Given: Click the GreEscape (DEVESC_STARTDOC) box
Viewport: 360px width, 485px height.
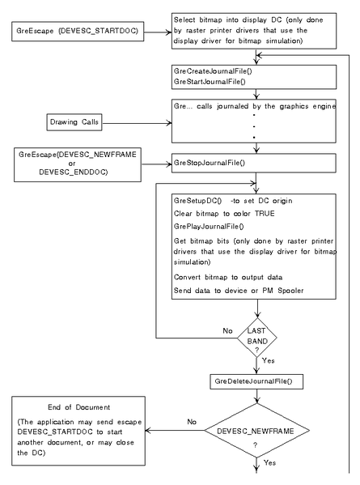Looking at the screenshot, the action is click(x=78, y=32).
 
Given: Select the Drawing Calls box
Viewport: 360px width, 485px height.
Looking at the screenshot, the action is click(x=74, y=122).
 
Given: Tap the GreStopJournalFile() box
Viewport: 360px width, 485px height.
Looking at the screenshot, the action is click(x=254, y=163).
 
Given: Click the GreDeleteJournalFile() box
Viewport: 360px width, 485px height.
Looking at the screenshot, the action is click(x=256, y=381).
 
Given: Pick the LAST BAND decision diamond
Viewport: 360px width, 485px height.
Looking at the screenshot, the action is click(x=256, y=338).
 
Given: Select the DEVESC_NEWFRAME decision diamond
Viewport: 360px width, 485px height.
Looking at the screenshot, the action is click(x=256, y=430).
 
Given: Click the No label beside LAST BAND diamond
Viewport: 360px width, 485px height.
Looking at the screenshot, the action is click(x=227, y=330).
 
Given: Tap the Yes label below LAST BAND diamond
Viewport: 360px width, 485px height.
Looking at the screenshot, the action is click(x=269, y=360).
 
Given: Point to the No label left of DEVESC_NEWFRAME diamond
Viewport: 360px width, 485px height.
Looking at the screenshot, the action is click(x=192, y=422).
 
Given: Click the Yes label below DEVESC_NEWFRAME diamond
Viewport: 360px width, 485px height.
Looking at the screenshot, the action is click(x=269, y=462).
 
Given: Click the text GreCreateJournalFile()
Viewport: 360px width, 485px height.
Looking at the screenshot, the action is click(x=213, y=71).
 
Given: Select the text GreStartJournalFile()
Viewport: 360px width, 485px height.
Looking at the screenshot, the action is click(x=210, y=82).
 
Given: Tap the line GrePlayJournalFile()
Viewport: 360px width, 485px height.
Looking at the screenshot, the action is click(x=209, y=227).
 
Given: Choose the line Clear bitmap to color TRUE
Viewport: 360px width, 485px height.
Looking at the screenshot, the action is click(x=224, y=214).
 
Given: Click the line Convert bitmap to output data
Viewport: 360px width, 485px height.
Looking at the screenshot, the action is click(x=228, y=277).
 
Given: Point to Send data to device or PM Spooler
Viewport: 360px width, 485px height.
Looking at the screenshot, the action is click(x=239, y=291).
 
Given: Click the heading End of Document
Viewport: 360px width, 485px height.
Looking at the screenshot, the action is click(x=78, y=407).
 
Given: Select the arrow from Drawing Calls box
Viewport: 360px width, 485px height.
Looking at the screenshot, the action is click(x=137, y=123).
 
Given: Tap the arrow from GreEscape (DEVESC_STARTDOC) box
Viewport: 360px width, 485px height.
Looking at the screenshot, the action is click(x=158, y=32).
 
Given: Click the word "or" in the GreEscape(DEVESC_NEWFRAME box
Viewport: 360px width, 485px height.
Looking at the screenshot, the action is click(x=72, y=164).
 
